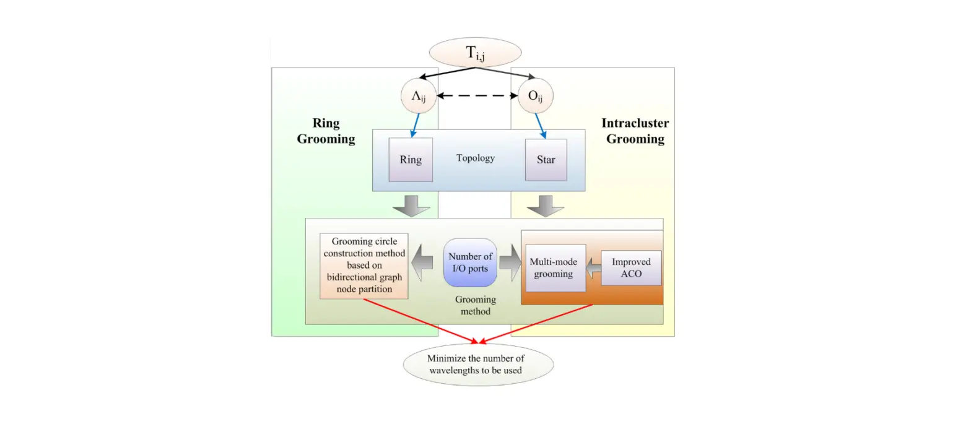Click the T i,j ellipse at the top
[475, 53]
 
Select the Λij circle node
[419, 97]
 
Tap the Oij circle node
[535, 97]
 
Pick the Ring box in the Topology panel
[411, 160]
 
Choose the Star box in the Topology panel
[546, 160]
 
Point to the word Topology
[476, 158]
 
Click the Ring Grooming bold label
[326, 131]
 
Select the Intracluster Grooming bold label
[635, 131]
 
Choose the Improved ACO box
[631, 267]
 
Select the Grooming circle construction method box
[364, 266]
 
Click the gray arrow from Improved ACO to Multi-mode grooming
[593, 267]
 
